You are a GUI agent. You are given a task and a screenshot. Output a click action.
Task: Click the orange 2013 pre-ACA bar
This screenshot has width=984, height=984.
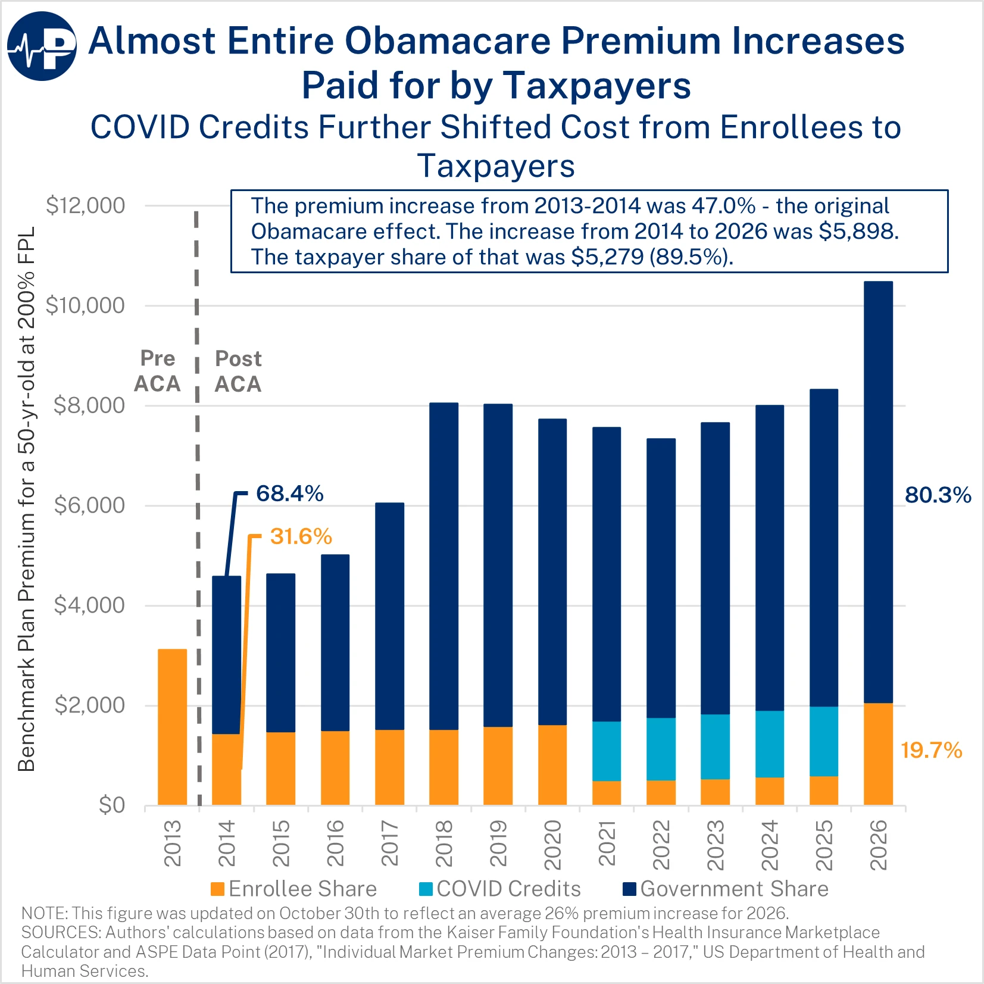click(x=172, y=726)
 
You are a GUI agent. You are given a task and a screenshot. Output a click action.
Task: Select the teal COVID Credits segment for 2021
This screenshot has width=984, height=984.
click(x=607, y=751)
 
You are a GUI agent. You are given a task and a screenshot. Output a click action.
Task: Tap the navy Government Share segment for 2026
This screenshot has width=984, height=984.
click(x=878, y=492)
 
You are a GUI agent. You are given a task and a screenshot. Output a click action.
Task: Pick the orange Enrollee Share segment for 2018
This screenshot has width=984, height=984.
click(x=443, y=767)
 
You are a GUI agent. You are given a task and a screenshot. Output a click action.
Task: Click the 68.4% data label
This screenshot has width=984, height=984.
click(x=289, y=493)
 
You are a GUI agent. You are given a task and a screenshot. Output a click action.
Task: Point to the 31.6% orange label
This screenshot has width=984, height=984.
click(x=301, y=536)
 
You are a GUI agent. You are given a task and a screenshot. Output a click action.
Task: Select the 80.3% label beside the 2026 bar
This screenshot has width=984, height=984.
click(x=938, y=495)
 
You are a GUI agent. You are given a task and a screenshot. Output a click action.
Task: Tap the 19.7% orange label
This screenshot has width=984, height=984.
click(x=931, y=750)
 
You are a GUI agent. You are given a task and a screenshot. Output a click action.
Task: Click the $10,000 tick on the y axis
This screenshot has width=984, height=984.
click(x=85, y=305)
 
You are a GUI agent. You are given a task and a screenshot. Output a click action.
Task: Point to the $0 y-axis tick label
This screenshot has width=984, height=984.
click(x=111, y=805)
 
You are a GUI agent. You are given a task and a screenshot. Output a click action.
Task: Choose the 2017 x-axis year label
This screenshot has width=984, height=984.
click(x=390, y=843)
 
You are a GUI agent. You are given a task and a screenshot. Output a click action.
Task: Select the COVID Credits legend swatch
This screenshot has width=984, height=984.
click(x=426, y=889)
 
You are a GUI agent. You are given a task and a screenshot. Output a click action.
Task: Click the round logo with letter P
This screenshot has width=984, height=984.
click(x=42, y=46)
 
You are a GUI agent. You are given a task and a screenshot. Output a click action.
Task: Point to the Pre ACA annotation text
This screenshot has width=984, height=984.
click(x=157, y=371)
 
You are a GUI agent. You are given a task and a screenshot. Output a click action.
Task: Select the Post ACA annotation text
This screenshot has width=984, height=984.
click(x=238, y=371)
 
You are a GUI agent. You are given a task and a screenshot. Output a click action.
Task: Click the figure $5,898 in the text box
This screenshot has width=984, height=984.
click(x=857, y=231)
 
